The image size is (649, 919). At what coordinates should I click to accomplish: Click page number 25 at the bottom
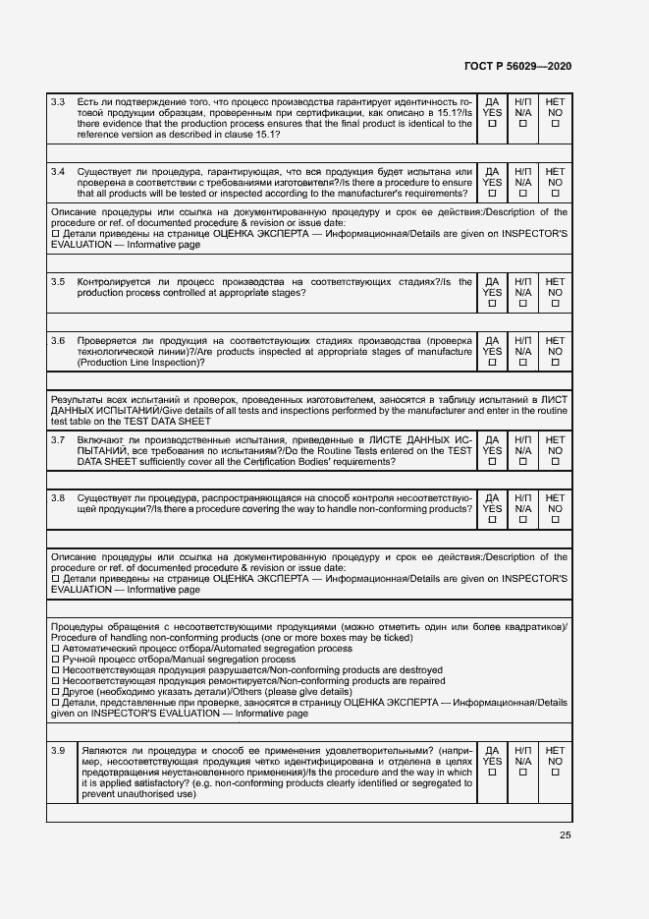pyautogui.click(x=565, y=834)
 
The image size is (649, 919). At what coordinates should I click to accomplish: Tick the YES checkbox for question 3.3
pyautogui.click(x=493, y=124)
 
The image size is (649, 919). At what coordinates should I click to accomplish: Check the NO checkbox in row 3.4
pyautogui.click(x=555, y=194)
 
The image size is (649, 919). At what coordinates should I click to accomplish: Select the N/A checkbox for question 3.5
pyautogui.click(x=523, y=304)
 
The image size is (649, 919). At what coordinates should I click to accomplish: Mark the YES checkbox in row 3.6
pyautogui.click(x=493, y=363)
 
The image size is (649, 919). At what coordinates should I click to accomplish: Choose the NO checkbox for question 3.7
pyautogui.click(x=555, y=462)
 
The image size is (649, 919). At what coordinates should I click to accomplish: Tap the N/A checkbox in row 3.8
pyautogui.click(x=523, y=521)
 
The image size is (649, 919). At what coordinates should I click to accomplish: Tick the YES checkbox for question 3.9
pyautogui.click(x=493, y=773)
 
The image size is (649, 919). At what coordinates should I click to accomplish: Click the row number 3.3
pyautogui.click(x=58, y=101)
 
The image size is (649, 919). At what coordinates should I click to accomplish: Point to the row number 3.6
pyautogui.click(x=58, y=340)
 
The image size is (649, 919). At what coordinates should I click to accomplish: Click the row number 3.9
pyautogui.click(x=58, y=750)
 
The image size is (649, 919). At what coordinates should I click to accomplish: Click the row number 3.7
pyautogui.click(x=58, y=439)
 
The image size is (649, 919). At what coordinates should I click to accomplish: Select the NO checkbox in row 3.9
pyautogui.click(x=555, y=773)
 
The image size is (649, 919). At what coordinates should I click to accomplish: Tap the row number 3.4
pyautogui.click(x=58, y=171)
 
